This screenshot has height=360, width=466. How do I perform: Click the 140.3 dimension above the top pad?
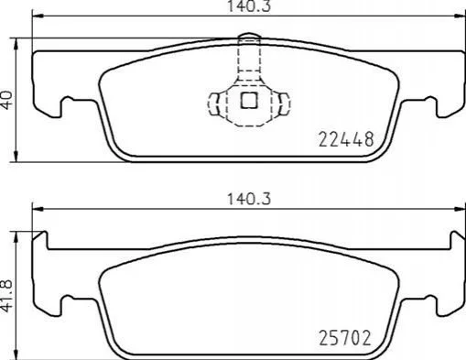tap(249, 6)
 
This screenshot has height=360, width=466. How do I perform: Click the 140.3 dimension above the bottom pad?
tap(249, 199)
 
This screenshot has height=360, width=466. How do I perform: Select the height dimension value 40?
tap(7, 100)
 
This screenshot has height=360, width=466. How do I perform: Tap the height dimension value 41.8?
tap(7, 295)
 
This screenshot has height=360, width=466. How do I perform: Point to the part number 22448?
tap(346, 139)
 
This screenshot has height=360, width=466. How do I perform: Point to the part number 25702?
tap(345, 338)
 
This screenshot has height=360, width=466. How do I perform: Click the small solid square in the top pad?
tap(249, 101)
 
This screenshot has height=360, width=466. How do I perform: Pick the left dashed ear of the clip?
tap(214, 104)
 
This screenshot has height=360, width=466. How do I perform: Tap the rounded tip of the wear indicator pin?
tap(249, 35)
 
